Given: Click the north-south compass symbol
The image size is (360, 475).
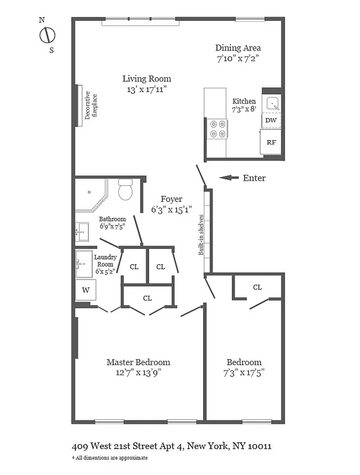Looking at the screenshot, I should click(x=47, y=35).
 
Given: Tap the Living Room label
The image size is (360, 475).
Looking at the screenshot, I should click(x=147, y=79).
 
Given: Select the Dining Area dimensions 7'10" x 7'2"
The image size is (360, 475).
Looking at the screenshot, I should click(x=238, y=59).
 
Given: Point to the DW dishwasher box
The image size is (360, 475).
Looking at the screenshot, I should click(x=271, y=121).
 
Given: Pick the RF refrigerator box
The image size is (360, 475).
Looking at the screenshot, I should click(x=271, y=142).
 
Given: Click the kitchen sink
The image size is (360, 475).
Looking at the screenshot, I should click(x=273, y=103).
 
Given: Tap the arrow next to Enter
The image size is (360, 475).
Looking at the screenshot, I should click(x=229, y=178).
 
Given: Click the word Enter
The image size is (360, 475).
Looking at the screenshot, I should click(x=254, y=178).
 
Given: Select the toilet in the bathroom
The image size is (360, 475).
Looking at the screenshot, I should click(x=125, y=191).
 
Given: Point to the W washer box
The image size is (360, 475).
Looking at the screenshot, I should click(x=85, y=290).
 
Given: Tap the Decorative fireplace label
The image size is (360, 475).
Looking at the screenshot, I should click(x=90, y=106).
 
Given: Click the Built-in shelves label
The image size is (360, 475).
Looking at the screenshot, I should click(x=202, y=235).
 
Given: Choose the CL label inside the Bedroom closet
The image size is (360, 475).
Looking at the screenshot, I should click(x=257, y=287).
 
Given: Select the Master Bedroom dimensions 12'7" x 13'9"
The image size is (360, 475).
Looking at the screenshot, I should click(x=138, y=373).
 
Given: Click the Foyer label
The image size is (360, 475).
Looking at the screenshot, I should click(x=172, y=199).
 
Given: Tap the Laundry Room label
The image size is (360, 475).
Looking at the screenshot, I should click(x=105, y=261).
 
